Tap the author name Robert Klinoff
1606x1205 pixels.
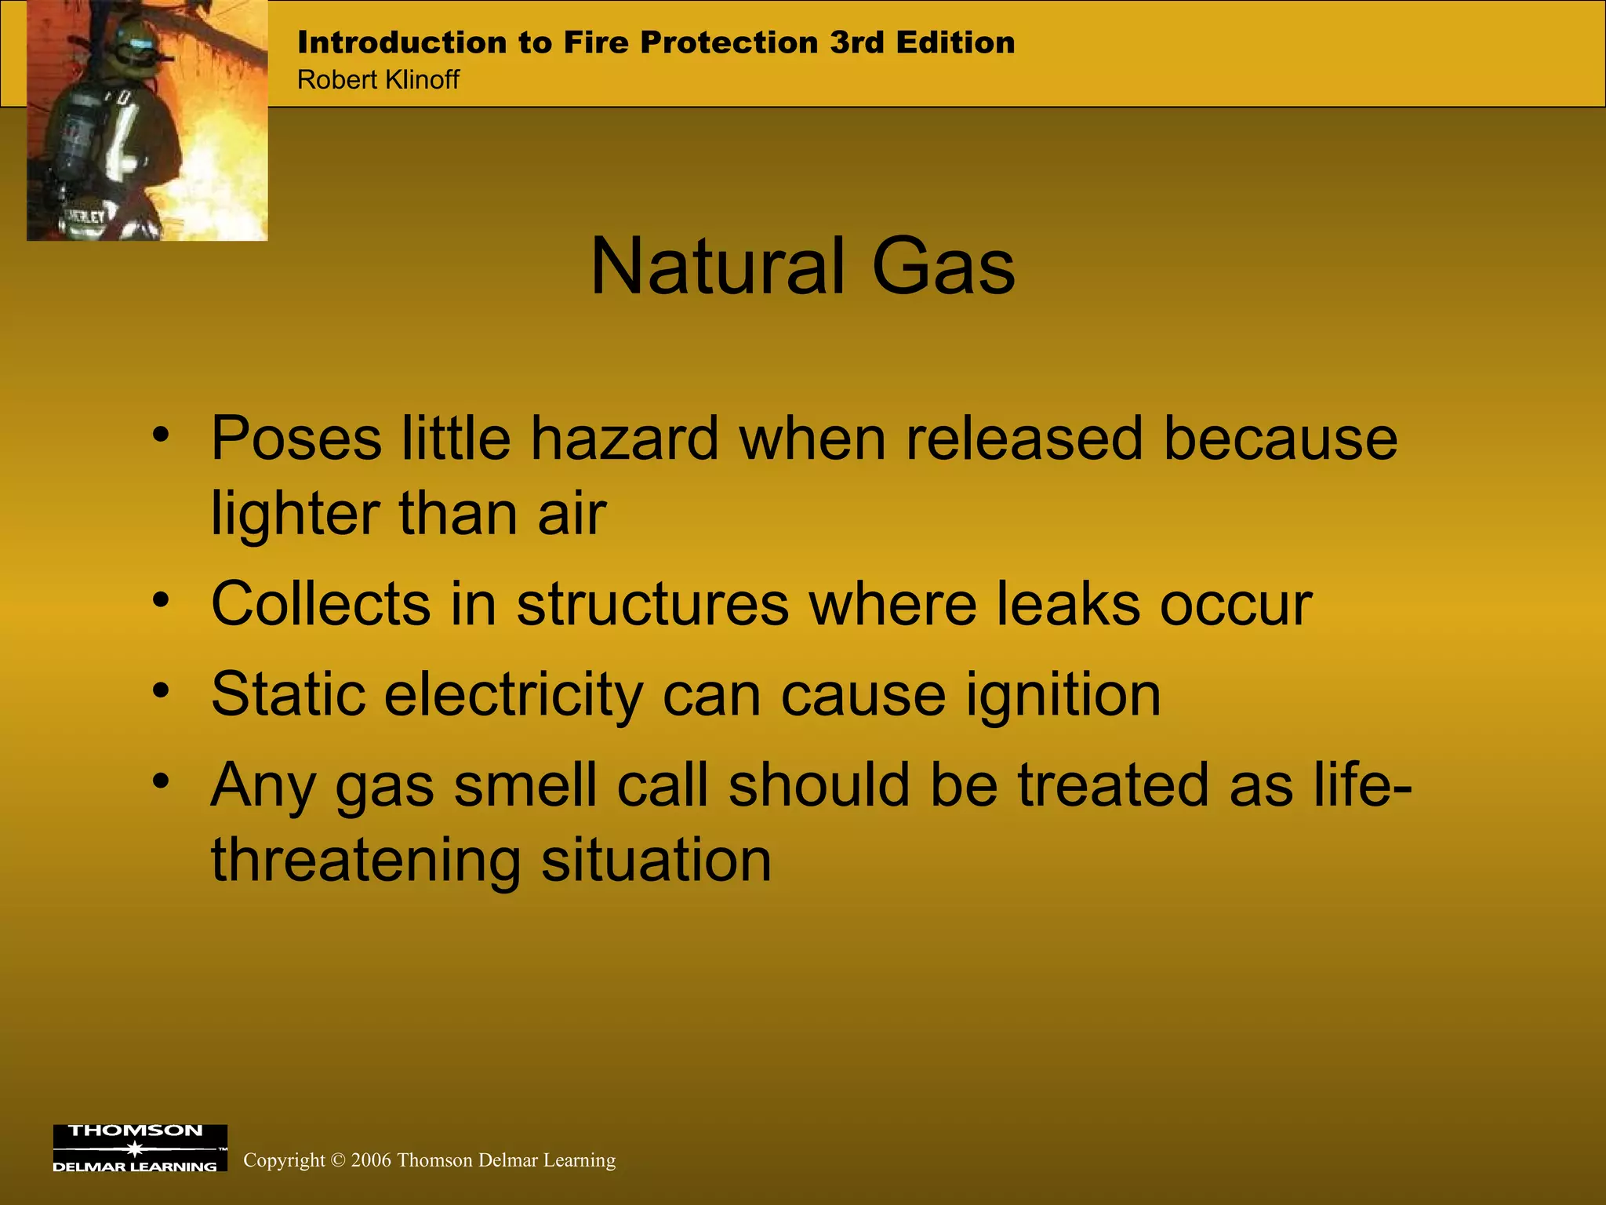pyautogui.click(x=378, y=80)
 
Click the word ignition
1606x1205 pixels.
pyautogui.click(x=1063, y=696)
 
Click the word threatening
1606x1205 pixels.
pyautogui.click(x=365, y=860)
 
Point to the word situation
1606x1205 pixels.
pyautogui.click(x=656, y=860)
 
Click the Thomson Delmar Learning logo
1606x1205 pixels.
pyautogui.click(x=140, y=1148)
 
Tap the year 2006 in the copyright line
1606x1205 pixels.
pyautogui.click(x=371, y=1160)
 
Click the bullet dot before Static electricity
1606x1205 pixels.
pyautogui.click(x=161, y=691)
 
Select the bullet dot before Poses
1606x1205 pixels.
pyautogui.click(x=161, y=434)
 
